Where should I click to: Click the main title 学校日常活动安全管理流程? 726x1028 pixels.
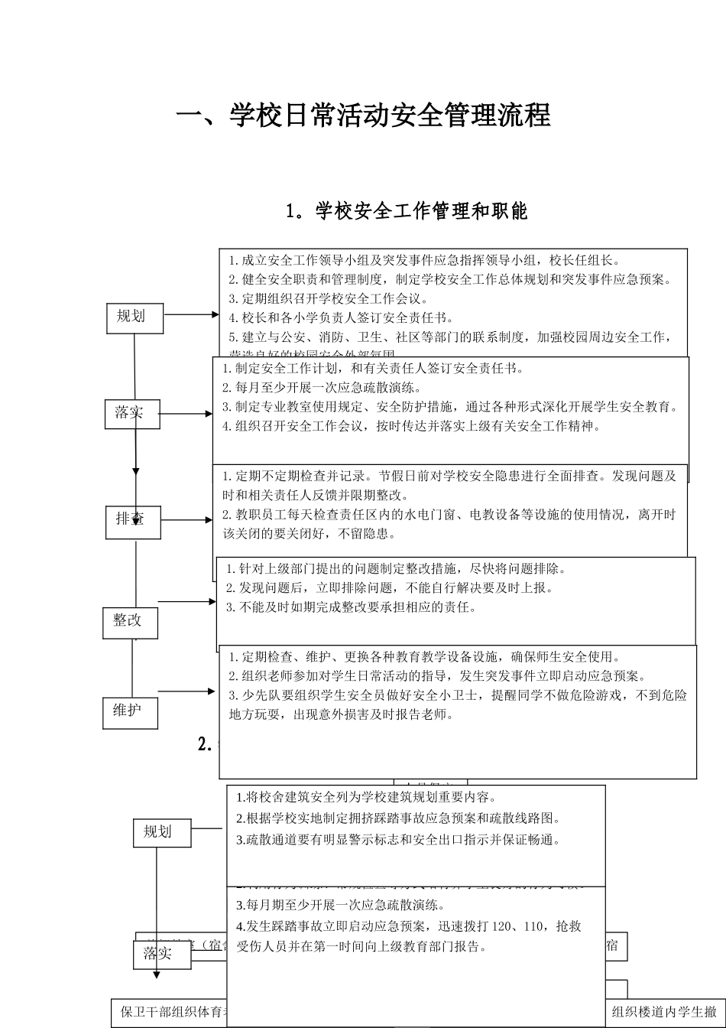point(363,116)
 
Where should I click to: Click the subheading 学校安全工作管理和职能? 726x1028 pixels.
point(406,211)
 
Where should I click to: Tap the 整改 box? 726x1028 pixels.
point(130,621)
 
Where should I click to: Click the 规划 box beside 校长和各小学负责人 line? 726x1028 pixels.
point(135,317)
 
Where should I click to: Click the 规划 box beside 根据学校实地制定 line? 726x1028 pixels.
point(161,831)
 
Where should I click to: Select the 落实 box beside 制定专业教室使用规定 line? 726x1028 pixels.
point(132,414)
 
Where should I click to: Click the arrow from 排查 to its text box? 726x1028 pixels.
point(186,520)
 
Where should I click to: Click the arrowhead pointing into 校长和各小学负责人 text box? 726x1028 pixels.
point(216,314)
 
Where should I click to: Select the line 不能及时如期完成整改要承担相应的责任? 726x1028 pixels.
point(351,607)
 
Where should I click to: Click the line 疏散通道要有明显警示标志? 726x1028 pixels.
point(398,839)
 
